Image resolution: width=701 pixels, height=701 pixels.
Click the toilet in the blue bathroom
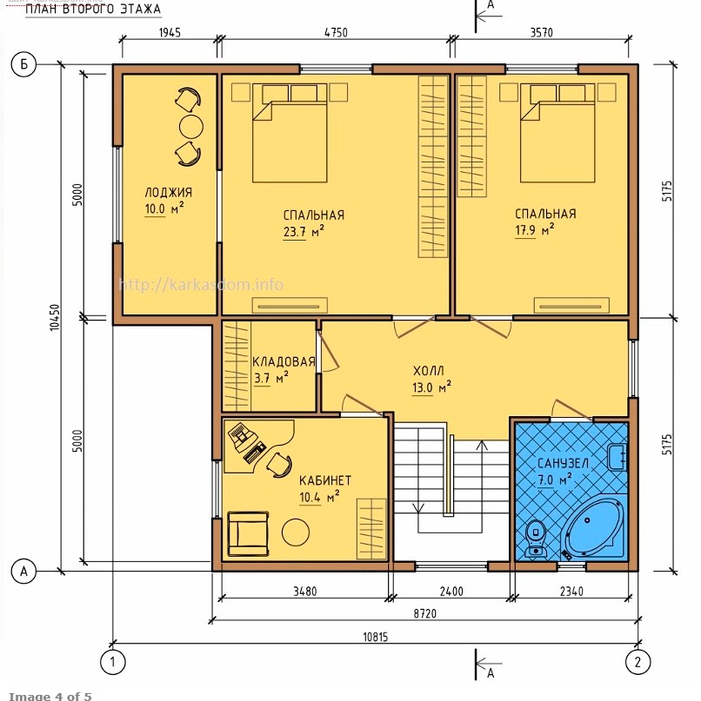click(x=535, y=539)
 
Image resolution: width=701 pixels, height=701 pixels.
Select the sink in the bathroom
click(x=618, y=457)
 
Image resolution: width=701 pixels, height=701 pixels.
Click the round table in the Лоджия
click(x=191, y=127)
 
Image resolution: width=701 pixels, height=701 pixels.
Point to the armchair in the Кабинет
click(x=248, y=534)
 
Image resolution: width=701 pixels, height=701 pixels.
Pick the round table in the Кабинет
click(x=296, y=532)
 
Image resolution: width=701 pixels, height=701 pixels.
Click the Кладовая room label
click(x=284, y=361)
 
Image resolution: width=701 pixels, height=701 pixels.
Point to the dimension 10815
click(x=375, y=637)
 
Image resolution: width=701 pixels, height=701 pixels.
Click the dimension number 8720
click(x=424, y=613)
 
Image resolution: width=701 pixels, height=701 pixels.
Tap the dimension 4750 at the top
click(x=336, y=33)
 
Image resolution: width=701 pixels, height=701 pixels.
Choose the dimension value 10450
click(x=55, y=317)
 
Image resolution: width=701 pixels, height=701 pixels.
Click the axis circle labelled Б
click(x=23, y=64)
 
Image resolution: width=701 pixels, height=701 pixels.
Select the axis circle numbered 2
click(x=638, y=662)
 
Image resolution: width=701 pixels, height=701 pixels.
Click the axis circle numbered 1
click(x=112, y=662)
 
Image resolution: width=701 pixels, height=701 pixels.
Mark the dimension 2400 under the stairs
click(x=451, y=592)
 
